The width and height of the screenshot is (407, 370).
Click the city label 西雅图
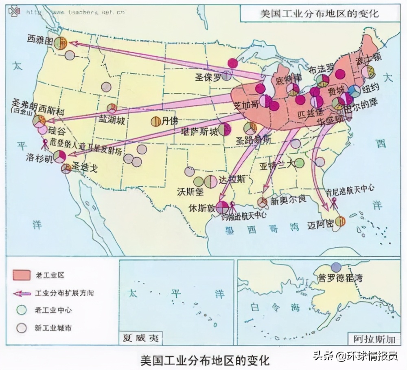coord(40,40)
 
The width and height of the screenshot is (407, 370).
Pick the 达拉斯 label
coord(232,179)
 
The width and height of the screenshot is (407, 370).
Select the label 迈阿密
coord(321,224)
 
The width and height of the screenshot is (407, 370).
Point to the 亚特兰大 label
coord(276,165)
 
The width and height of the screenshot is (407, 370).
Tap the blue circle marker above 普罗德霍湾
coord(336,267)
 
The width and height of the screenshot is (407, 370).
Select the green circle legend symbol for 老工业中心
coord(22,310)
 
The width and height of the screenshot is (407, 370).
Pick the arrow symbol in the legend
coord(22,293)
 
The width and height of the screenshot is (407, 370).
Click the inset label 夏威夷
coord(141,337)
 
